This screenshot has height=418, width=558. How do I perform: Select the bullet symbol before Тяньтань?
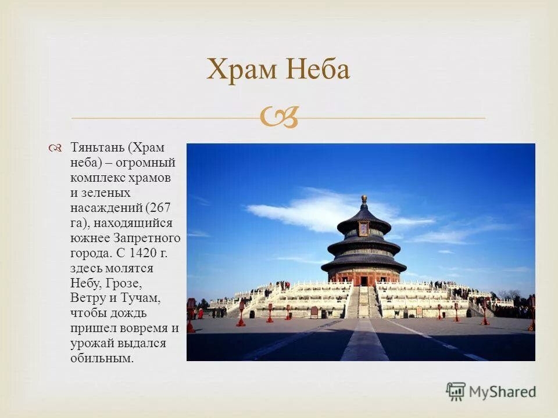click(x=56, y=149)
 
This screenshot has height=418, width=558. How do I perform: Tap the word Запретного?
click(x=149, y=238)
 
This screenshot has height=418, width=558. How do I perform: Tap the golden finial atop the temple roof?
click(x=364, y=200)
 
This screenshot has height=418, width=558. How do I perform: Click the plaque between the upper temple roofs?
click(x=364, y=229)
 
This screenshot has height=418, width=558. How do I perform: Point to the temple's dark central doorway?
click(x=363, y=281)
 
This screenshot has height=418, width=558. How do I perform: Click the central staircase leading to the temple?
click(x=363, y=302)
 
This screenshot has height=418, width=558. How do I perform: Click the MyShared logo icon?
click(x=456, y=392)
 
